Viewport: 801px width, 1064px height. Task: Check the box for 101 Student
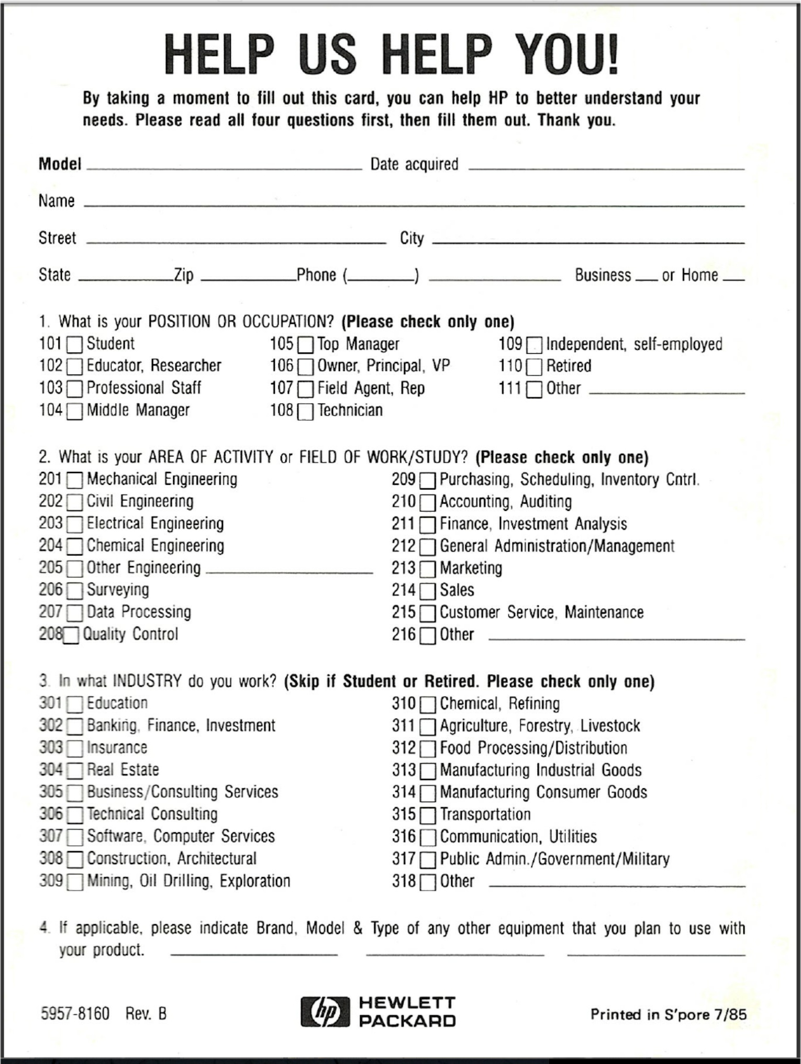click(x=74, y=344)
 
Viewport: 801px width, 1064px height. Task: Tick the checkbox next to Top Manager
click(x=305, y=345)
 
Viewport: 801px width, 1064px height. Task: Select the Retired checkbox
click(x=534, y=367)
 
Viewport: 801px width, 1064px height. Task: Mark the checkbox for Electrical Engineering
click(x=74, y=524)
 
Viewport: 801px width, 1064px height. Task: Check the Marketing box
click(x=428, y=569)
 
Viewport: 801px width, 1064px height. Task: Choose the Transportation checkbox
click(x=428, y=815)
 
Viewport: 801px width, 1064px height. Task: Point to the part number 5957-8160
click(x=75, y=1014)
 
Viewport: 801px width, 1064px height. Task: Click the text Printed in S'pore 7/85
click(x=668, y=1014)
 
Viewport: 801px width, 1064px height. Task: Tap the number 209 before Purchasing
click(x=403, y=479)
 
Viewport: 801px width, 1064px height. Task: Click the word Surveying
click(x=118, y=590)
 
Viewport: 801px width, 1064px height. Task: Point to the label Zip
click(x=184, y=275)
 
